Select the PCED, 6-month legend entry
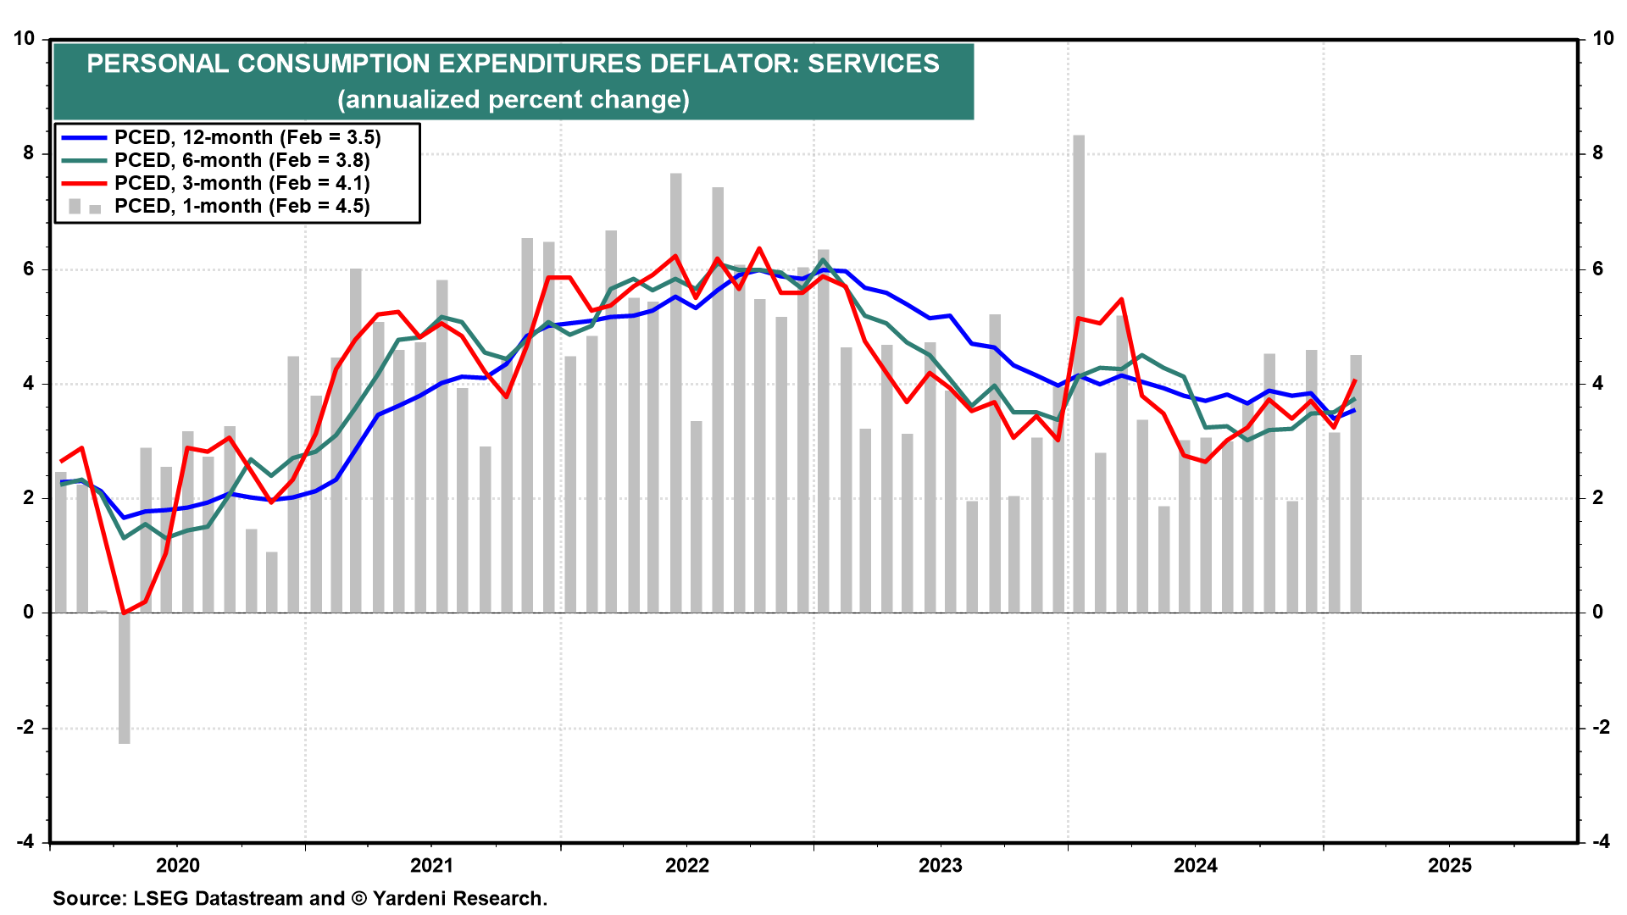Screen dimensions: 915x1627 tap(242, 160)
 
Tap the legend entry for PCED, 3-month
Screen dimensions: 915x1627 tap(242, 183)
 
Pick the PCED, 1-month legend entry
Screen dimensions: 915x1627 tap(242, 206)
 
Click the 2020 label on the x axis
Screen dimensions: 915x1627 tap(178, 865)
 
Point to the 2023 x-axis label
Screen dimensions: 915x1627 tap(941, 865)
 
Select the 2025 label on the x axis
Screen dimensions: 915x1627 tap(1450, 865)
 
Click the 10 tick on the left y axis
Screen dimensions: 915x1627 tap(24, 39)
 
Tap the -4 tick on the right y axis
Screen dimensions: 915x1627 tap(1601, 842)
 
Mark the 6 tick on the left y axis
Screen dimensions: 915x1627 tap(29, 269)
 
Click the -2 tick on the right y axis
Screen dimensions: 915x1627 tap(1601, 728)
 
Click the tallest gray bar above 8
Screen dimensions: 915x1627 tap(1079, 254)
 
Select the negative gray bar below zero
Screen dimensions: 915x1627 tap(125, 678)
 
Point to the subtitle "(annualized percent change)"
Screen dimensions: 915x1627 tap(514, 99)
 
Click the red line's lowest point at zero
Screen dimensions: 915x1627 tap(125, 613)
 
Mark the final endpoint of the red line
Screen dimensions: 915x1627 tap(1356, 380)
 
